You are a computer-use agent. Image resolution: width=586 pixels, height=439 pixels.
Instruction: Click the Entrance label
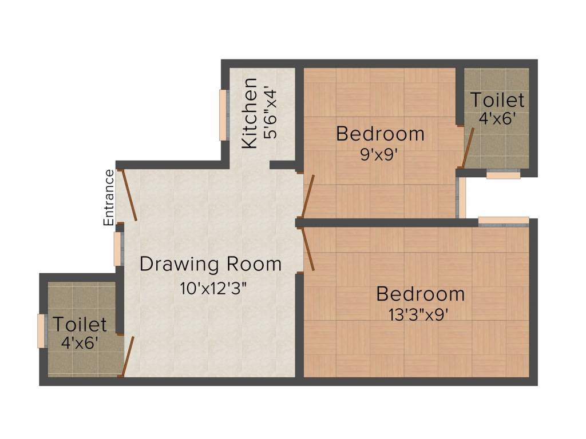tap(109, 197)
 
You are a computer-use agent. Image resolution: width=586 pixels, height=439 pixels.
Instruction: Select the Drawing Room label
tap(211, 265)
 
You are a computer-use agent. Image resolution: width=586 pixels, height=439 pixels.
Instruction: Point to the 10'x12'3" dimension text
tap(213, 288)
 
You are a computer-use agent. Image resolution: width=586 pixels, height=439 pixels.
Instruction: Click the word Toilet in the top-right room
tap(497, 101)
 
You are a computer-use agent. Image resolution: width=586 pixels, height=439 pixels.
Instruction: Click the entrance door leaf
tap(129, 195)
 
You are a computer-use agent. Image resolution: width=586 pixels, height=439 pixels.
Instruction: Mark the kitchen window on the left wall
tap(223, 115)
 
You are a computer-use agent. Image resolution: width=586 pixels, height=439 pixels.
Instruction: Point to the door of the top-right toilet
tap(468, 147)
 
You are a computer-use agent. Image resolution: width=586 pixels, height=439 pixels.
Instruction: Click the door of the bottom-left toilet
tap(128, 357)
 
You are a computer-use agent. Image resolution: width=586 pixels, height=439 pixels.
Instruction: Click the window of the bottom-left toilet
tap(41, 331)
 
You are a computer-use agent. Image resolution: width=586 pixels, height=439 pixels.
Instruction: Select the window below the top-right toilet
tap(503, 174)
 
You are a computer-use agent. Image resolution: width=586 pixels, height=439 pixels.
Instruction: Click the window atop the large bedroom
tap(504, 221)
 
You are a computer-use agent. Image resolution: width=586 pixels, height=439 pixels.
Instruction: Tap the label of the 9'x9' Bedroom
tap(380, 134)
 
